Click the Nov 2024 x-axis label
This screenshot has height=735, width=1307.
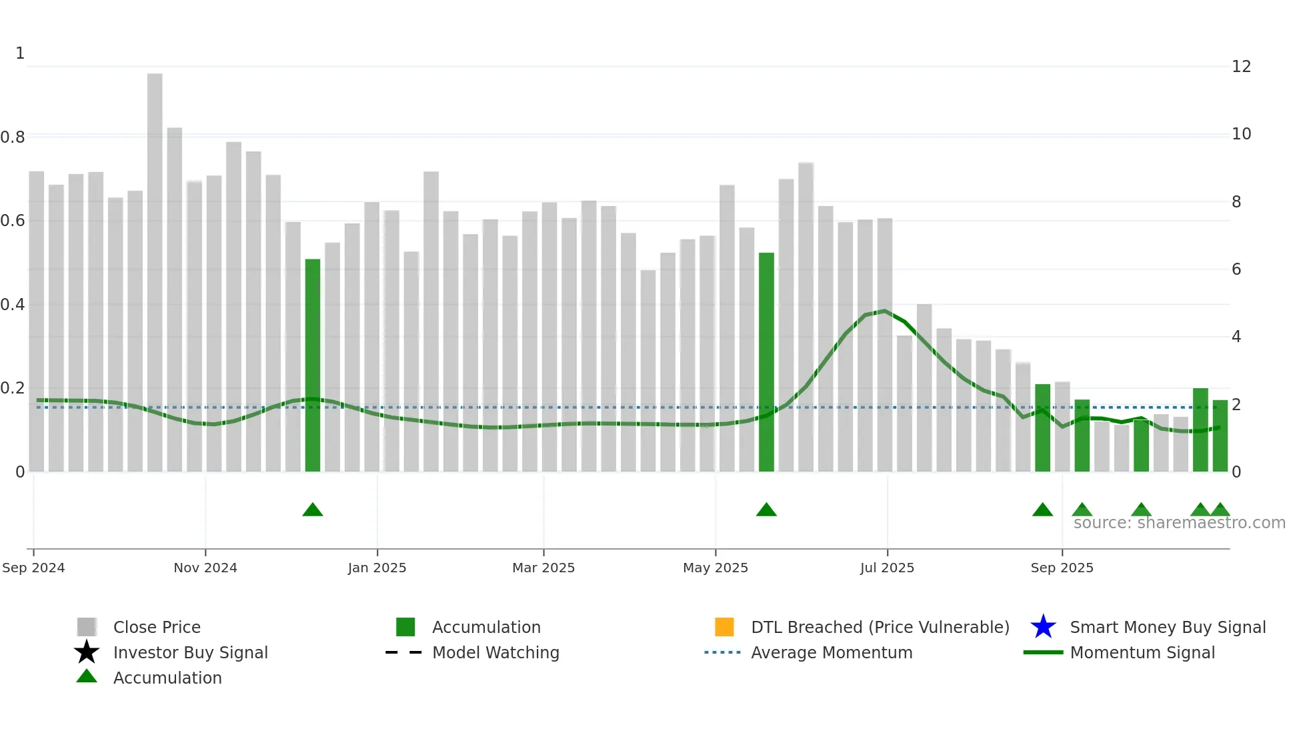click(x=205, y=568)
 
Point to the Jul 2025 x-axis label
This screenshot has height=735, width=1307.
click(x=887, y=568)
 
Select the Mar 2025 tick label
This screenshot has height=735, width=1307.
click(x=543, y=568)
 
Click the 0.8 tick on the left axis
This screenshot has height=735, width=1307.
click(x=13, y=137)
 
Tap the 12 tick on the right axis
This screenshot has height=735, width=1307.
click(x=1241, y=67)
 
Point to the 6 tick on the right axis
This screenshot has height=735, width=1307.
click(x=1236, y=269)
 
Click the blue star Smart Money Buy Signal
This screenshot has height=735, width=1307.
click(x=1043, y=627)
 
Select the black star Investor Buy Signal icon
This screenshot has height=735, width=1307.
click(x=87, y=652)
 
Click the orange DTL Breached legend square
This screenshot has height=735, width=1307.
click(x=724, y=627)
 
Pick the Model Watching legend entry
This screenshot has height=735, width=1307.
click(x=495, y=652)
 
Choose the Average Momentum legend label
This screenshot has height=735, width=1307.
click(x=832, y=652)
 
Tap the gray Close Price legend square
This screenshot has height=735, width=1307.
click(x=87, y=627)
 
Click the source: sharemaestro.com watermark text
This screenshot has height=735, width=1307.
click(x=1179, y=523)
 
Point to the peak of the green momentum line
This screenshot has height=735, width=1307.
click(x=884, y=311)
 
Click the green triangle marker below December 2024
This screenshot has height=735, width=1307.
click(x=313, y=510)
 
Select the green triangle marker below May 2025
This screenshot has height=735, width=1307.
click(x=766, y=510)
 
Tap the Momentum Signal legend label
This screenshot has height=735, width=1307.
click(x=1142, y=652)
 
